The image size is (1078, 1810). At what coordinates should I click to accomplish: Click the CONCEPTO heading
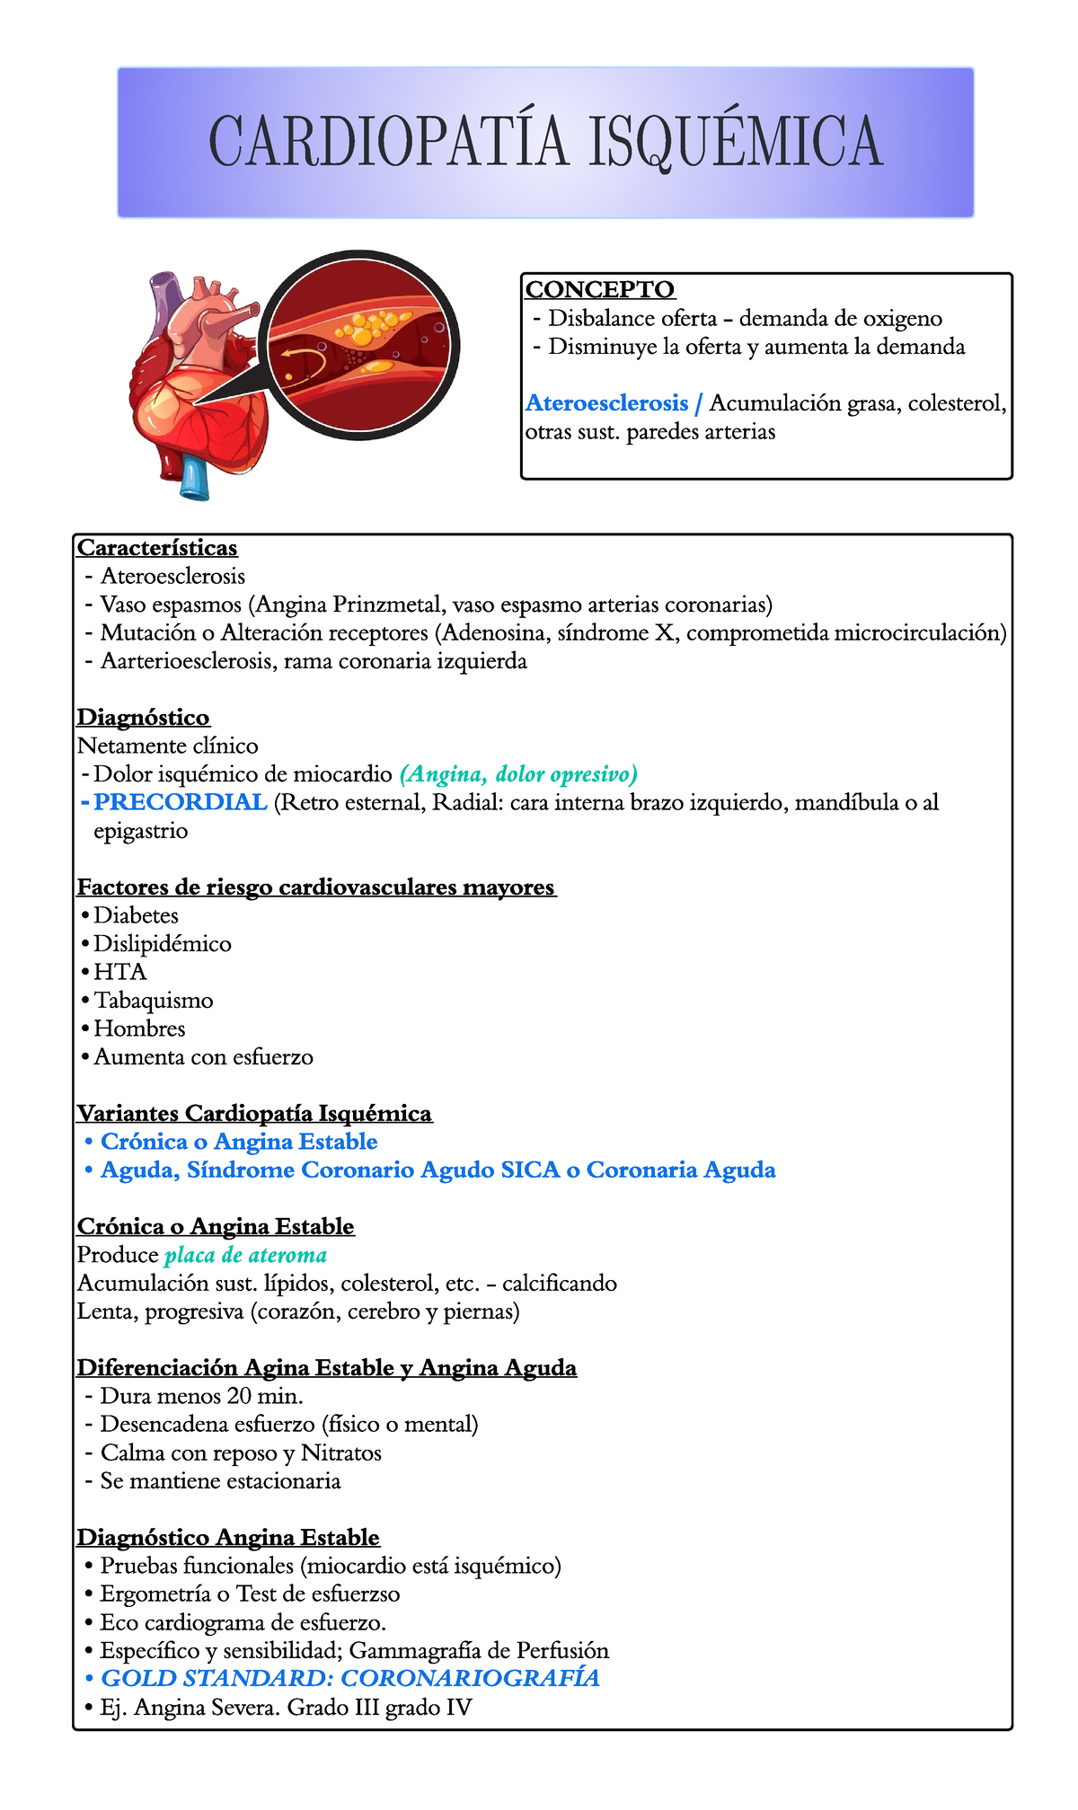[600, 289]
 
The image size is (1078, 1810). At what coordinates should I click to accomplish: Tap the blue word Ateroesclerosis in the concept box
[607, 403]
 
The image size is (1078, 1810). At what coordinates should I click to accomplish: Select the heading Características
[157, 547]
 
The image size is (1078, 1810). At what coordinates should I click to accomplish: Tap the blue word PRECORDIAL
[181, 802]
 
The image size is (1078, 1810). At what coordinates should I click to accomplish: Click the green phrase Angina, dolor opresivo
[518, 773]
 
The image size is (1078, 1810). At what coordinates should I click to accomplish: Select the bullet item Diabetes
[136, 915]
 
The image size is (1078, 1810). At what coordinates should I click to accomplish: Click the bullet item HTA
[119, 972]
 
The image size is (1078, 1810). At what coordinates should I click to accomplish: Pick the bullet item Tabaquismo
[154, 1001]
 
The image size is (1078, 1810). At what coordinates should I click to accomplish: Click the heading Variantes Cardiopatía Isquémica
[254, 1114]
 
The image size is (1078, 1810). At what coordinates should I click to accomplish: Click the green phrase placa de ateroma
[252, 1255]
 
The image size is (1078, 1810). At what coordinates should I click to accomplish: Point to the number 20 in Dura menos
[242, 1396]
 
